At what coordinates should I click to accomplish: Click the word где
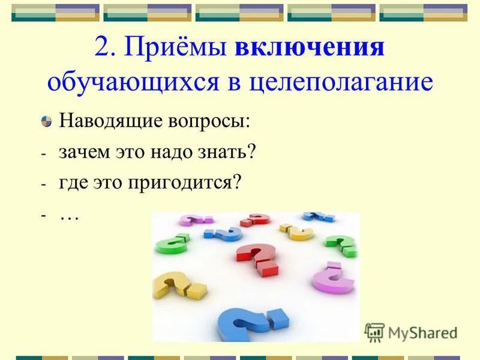[71, 182]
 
